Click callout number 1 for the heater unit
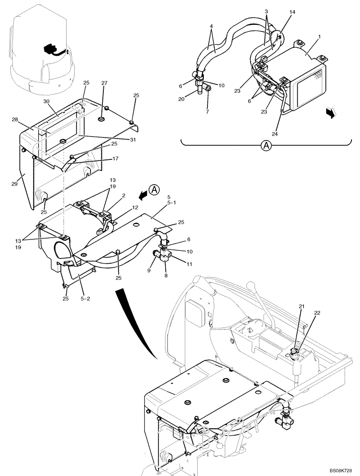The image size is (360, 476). [305, 49]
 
